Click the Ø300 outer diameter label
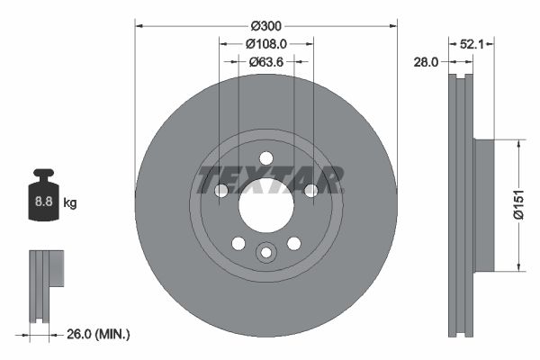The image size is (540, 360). click(x=266, y=25)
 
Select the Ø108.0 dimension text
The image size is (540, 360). click(x=266, y=43)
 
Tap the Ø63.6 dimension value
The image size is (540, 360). click(x=266, y=61)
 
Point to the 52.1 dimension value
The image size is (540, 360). click(x=472, y=43)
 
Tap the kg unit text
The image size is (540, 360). click(x=70, y=203)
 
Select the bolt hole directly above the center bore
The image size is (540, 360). click(x=265, y=158)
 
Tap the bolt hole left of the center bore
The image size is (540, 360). click(x=221, y=190)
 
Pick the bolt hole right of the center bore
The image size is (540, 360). click(x=310, y=190)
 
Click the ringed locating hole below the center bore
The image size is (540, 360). click(x=265, y=253)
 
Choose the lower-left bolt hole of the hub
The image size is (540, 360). click(x=238, y=243)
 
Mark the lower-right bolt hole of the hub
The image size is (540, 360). click(x=293, y=243)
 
